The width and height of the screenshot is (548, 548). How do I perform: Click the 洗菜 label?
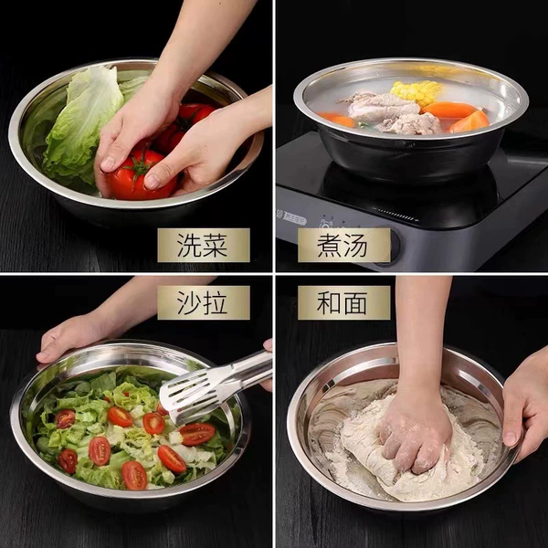click(x=204, y=245)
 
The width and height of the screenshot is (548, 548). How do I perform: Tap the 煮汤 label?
click(x=344, y=245)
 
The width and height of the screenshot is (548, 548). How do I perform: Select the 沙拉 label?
click(x=204, y=302)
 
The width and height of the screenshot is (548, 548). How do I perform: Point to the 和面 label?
click(x=344, y=302)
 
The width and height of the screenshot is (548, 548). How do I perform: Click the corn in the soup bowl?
click(x=416, y=92)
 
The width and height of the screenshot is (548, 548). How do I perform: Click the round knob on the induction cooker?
click(x=392, y=247)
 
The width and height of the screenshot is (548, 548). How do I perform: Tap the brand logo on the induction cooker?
click(x=292, y=220)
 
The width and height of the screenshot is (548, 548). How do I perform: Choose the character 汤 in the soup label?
click(x=356, y=245)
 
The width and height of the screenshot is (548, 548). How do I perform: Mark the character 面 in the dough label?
click(x=356, y=302)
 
